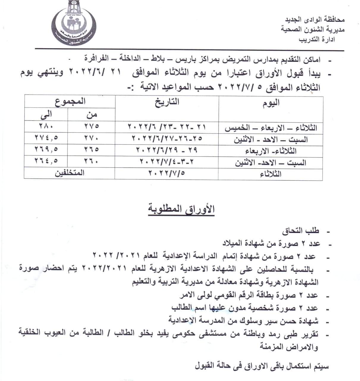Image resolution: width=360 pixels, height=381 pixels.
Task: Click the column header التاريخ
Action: [167, 102]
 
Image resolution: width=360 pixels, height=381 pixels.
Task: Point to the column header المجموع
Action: [70, 101]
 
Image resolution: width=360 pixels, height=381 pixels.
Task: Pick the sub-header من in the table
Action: [92, 114]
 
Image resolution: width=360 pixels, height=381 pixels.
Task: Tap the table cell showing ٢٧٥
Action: [91, 126]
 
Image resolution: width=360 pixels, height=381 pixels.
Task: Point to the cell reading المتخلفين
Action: [70, 173]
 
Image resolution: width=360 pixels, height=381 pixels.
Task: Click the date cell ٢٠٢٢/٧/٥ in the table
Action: [166, 173]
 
